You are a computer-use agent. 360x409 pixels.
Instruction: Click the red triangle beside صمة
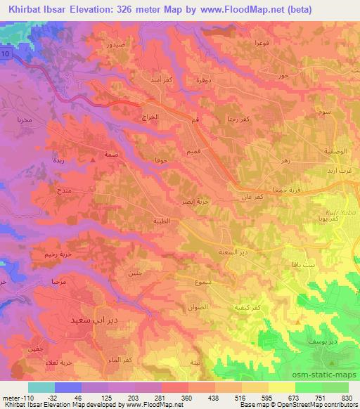[94, 159]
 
